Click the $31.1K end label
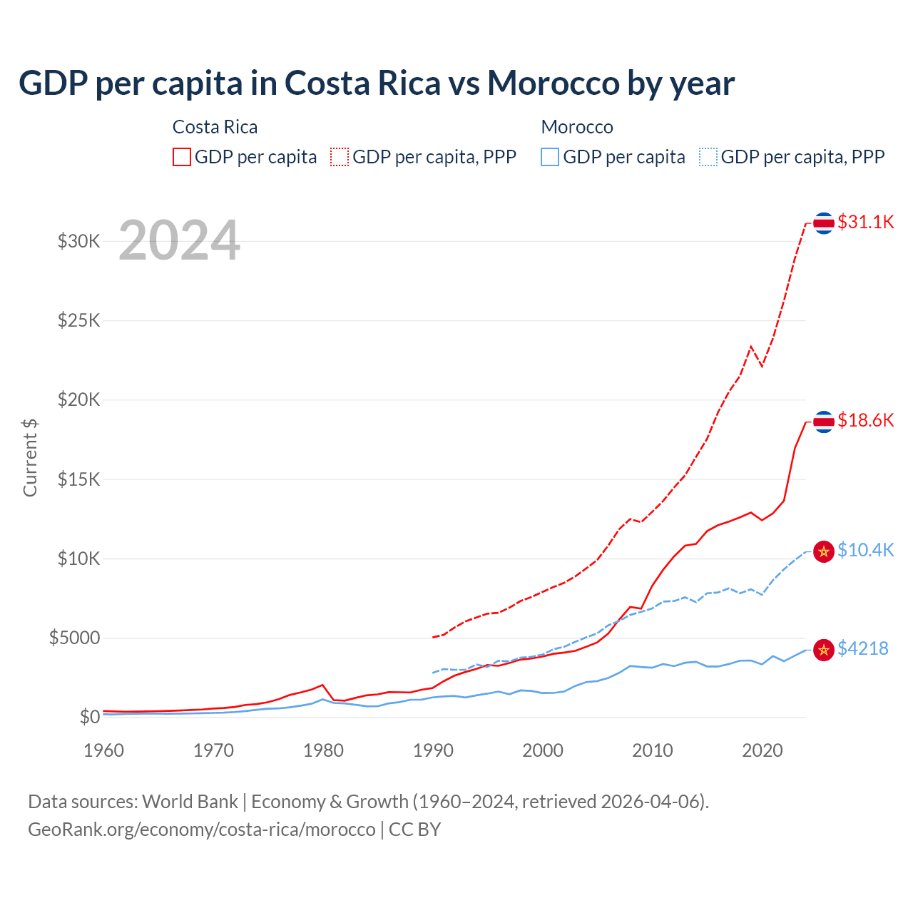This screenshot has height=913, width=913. click(x=865, y=222)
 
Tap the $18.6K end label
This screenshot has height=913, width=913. click(x=865, y=420)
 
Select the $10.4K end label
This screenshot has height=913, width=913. click(x=865, y=550)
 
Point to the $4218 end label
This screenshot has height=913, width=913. click(x=862, y=648)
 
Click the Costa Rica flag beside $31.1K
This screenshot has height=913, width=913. click(x=824, y=223)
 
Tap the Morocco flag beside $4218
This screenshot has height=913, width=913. click(x=824, y=650)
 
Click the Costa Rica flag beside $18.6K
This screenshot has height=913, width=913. click(x=824, y=422)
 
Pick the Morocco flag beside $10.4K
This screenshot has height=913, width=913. click(x=824, y=551)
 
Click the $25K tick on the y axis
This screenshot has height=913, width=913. click(x=79, y=320)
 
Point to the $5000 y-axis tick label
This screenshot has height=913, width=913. click(x=75, y=638)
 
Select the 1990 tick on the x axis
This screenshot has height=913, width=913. click(x=433, y=750)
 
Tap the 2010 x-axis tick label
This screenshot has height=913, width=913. click(x=653, y=750)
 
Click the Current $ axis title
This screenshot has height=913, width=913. click(x=30, y=457)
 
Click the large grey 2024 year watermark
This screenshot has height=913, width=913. click(x=179, y=240)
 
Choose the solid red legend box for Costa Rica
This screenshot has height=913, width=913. click(x=182, y=157)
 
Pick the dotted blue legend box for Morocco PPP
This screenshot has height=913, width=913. click(x=708, y=157)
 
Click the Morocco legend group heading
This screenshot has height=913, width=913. click(x=577, y=127)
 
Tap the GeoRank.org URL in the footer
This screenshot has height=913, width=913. click(x=202, y=830)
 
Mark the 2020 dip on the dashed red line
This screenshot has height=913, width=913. click(x=762, y=366)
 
